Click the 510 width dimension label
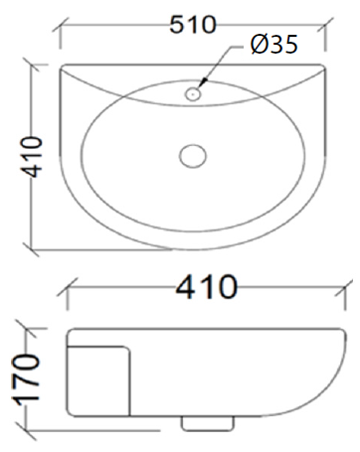click(x=193, y=25)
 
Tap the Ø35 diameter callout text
click(x=274, y=45)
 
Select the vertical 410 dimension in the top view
click(x=32, y=157)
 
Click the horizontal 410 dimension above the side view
click(x=207, y=287)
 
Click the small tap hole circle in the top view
click(x=193, y=94)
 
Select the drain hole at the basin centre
click(x=193, y=156)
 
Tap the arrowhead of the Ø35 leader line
click(x=204, y=81)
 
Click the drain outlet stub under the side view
click(x=208, y=423)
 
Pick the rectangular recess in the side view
click(x=98, y=380)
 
